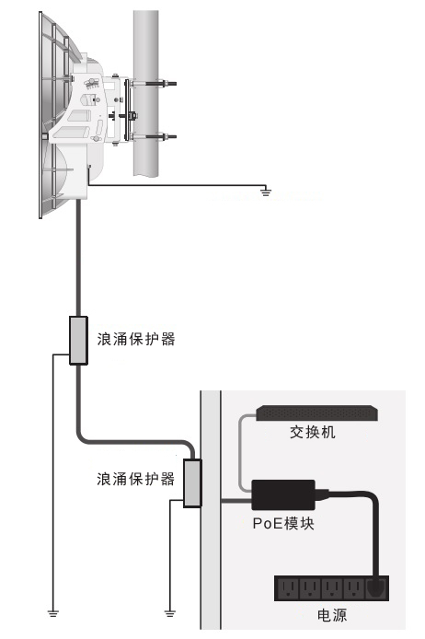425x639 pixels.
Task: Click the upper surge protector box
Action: (78, 341)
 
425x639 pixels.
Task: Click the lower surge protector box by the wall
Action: (192, 483)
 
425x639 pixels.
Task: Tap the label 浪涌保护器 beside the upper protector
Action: (136, 339)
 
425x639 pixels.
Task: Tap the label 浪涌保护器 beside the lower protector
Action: (136, 479)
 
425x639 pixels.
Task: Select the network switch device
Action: (316, 412)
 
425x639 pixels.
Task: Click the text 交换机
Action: (313, 432)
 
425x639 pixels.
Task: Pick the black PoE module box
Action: (283, 494)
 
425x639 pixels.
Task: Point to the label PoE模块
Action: (283, 523)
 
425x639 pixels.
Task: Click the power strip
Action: (332, 588)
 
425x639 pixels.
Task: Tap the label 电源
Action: (332, 615)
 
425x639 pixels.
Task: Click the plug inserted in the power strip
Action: (377, 587)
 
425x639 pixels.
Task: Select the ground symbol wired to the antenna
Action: (266, 192)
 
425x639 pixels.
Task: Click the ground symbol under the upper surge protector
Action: (53, 613)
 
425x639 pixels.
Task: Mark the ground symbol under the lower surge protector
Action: (170, 613)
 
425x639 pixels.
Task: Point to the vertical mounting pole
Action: (145, 94)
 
